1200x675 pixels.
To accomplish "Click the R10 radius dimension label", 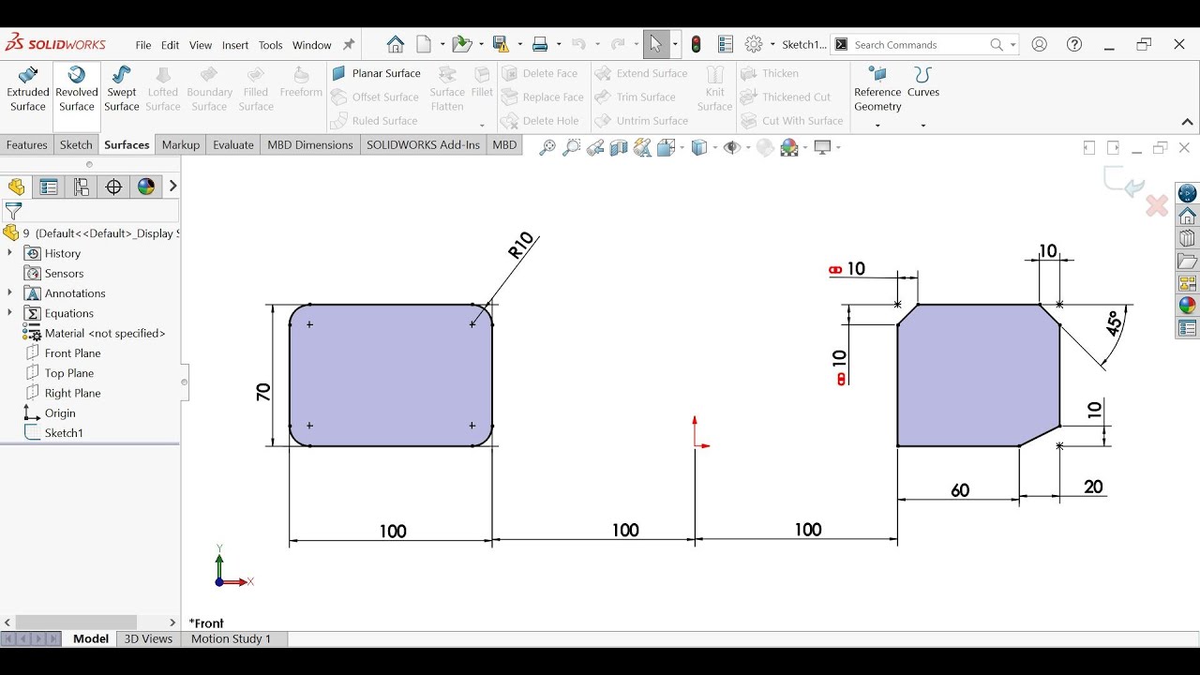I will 520,246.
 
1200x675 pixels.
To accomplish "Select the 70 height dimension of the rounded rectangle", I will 263,392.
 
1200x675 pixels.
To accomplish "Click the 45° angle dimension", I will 1114,323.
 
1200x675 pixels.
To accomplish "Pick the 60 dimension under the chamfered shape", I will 960,490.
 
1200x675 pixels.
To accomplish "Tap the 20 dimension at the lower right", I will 1093,487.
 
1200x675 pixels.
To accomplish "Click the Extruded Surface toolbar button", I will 28,89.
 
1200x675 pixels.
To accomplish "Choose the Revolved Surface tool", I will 77,89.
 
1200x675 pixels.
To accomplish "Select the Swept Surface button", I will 122,89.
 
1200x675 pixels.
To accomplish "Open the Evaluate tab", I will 233,145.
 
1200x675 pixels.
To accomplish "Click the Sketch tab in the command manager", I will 76,145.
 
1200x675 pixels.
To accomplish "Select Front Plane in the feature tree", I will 72,353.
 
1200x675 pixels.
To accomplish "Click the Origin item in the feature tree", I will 60,413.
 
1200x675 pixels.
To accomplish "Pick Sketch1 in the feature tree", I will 64,433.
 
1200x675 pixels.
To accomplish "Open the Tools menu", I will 270,45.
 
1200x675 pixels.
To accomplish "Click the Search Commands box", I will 919,45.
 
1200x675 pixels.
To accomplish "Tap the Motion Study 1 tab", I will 231,639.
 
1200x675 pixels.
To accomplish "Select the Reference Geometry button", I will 877,90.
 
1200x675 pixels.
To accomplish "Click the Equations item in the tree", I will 69,314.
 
